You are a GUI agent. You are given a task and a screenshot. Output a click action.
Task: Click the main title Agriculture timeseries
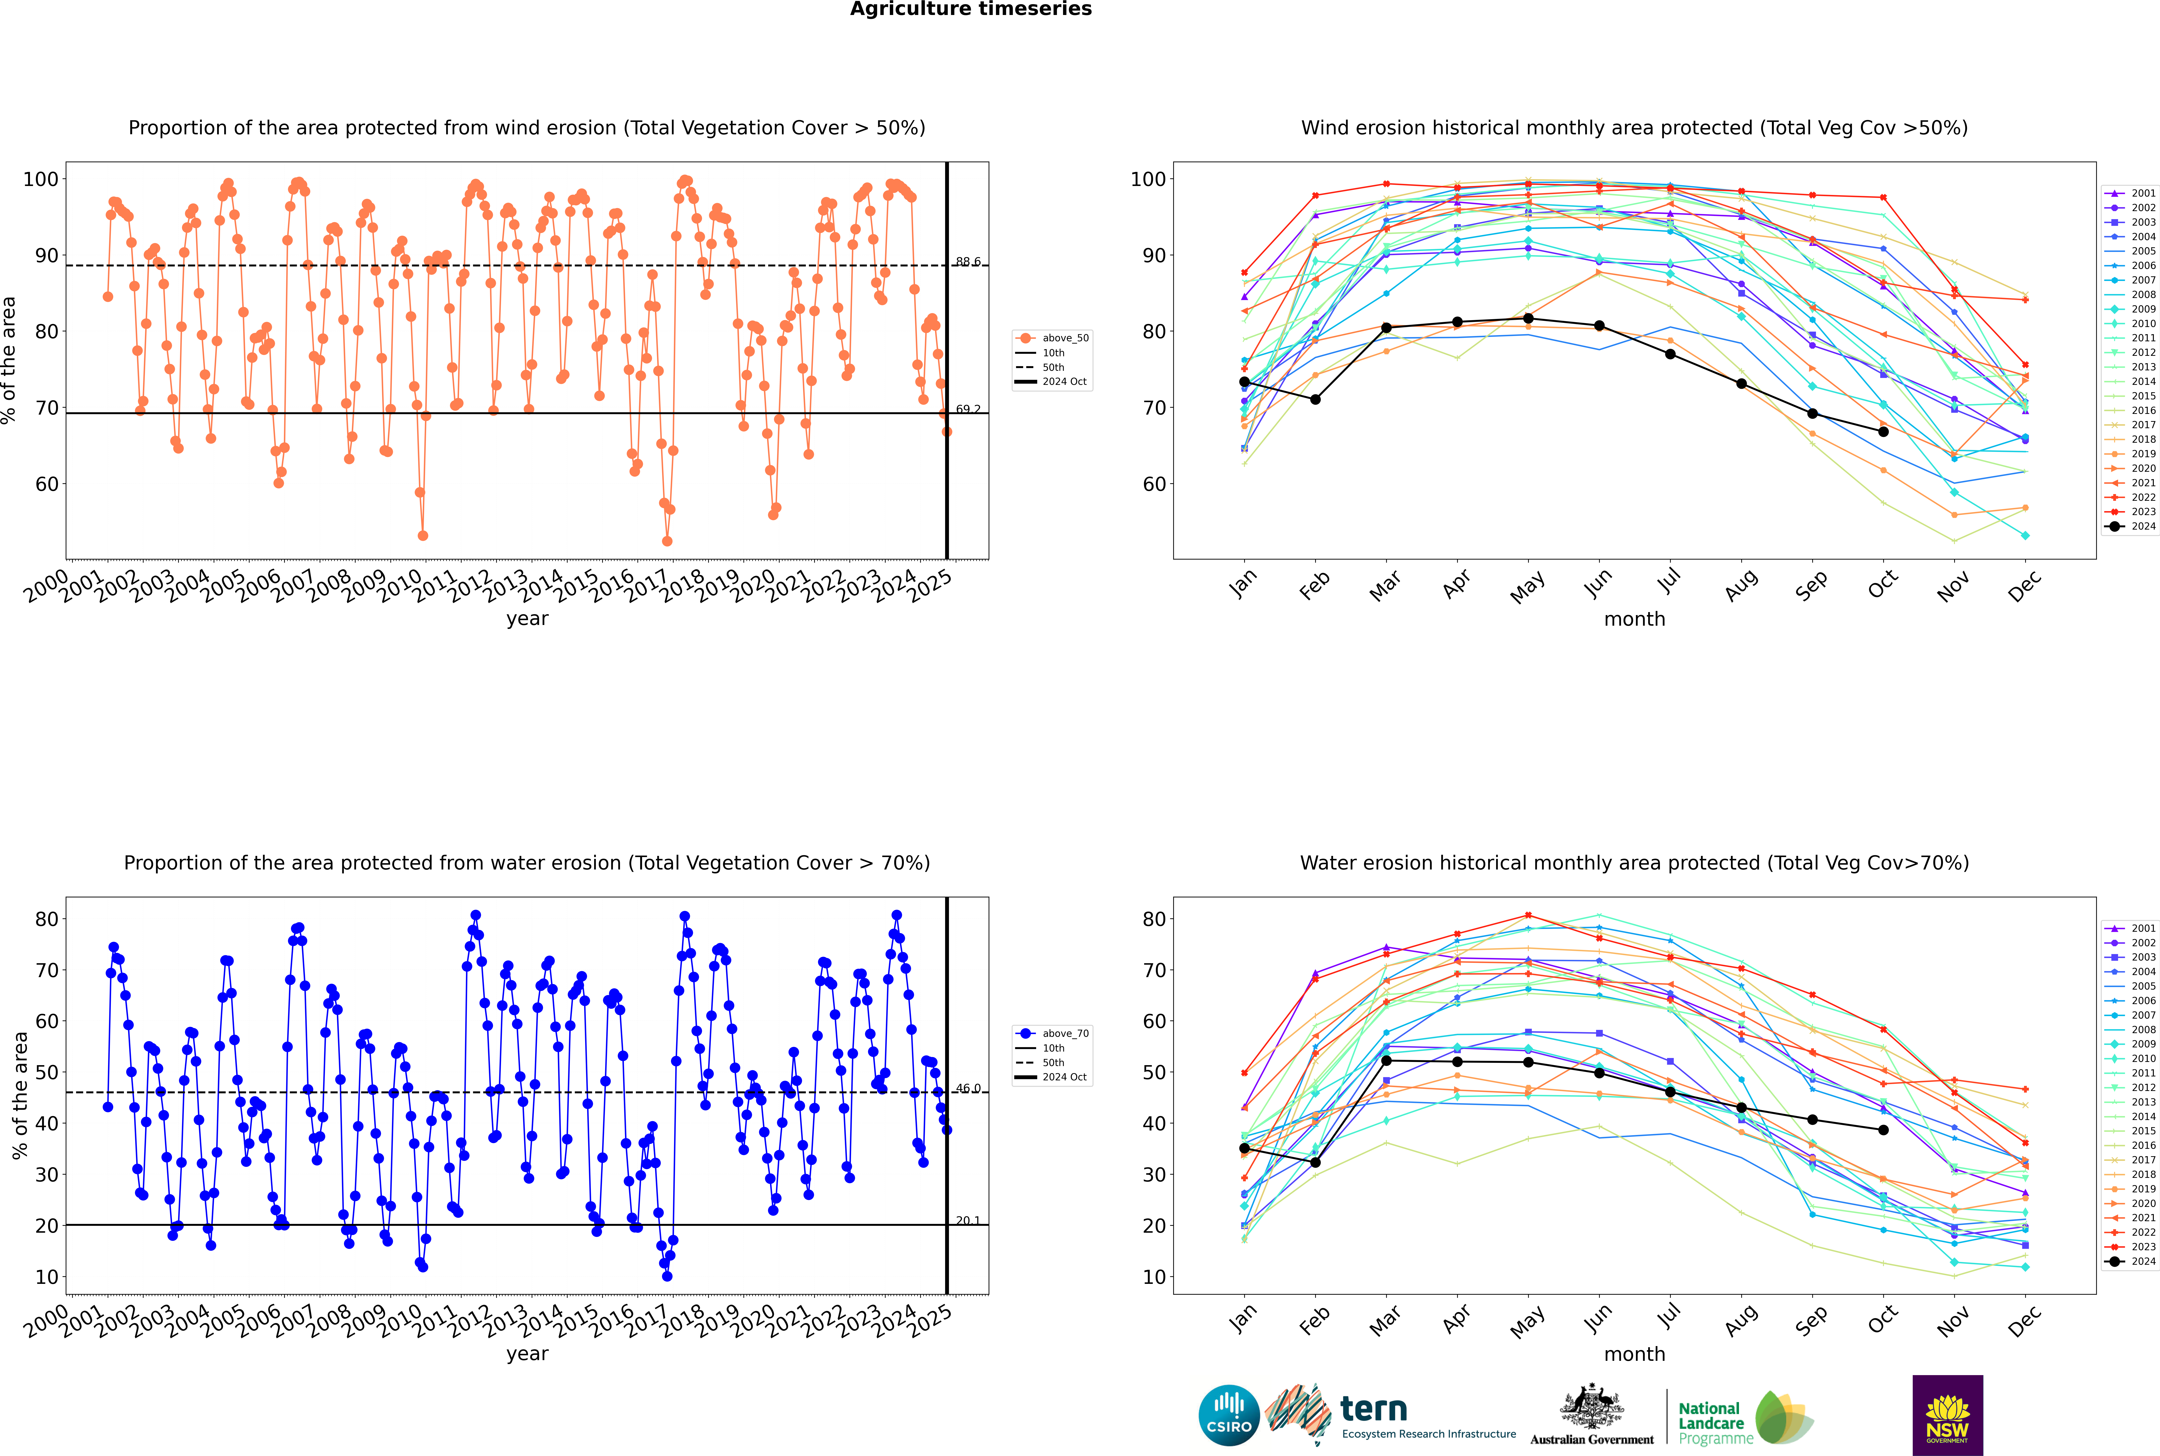[970, 9]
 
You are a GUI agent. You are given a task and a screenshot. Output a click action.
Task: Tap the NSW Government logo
[1947, 1415]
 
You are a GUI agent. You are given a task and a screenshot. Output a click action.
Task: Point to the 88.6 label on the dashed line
[968, 262]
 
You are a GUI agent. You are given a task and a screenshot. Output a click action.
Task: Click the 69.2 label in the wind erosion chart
[968, 409]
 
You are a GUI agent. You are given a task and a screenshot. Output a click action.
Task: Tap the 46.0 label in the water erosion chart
[968, 1088]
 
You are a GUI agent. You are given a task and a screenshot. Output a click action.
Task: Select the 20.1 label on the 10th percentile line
[968, 1220]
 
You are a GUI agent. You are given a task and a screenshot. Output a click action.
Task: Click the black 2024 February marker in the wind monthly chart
[1315, 399]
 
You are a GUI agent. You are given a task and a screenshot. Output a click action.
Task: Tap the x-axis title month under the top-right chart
[1634, 619]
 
